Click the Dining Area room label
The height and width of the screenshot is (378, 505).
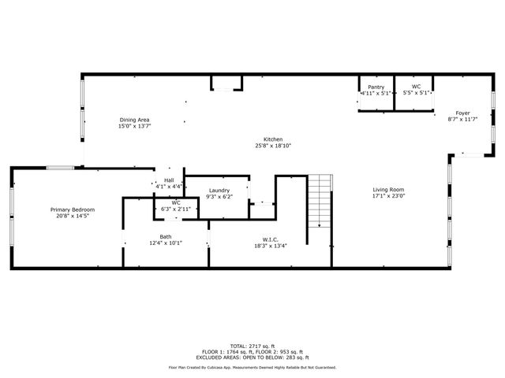pyautogui.click(x=134, y=120)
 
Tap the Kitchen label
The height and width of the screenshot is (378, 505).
pyautogui.click(x=273, y=139)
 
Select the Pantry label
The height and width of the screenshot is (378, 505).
pyautogui.click(x=376, y=87)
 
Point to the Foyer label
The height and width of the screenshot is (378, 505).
pyautogui.click(x=462, y=113)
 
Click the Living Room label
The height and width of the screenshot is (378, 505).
pyautogui.click(x=388, y=190)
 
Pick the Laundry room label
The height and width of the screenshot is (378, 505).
pyautogui.click(x=219, y=191)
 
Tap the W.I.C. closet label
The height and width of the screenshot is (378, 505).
pyautogui.click(x=271, y=239)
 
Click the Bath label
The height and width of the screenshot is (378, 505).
pyautogui.click(x=166, y=236)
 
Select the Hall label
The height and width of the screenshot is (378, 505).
pyautogui.click(x=169, y=180)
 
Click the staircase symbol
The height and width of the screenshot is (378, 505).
pyautogui.click(x=319, y=201)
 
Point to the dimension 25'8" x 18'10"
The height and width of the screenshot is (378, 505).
pyautogui.click(x=273, y=146)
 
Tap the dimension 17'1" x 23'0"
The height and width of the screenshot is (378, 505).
pyautogui.click(x=388, y=196)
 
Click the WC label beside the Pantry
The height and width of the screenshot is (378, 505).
pyautogui.click(x=416, y=87)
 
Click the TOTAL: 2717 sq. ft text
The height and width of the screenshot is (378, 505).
pyautogui.click(x=252, y=346)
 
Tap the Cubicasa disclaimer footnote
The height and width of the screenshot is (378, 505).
pyautogui.click(x=252, y=367)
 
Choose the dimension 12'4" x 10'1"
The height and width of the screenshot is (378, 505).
pyautogui.click(x=166, y=243)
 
